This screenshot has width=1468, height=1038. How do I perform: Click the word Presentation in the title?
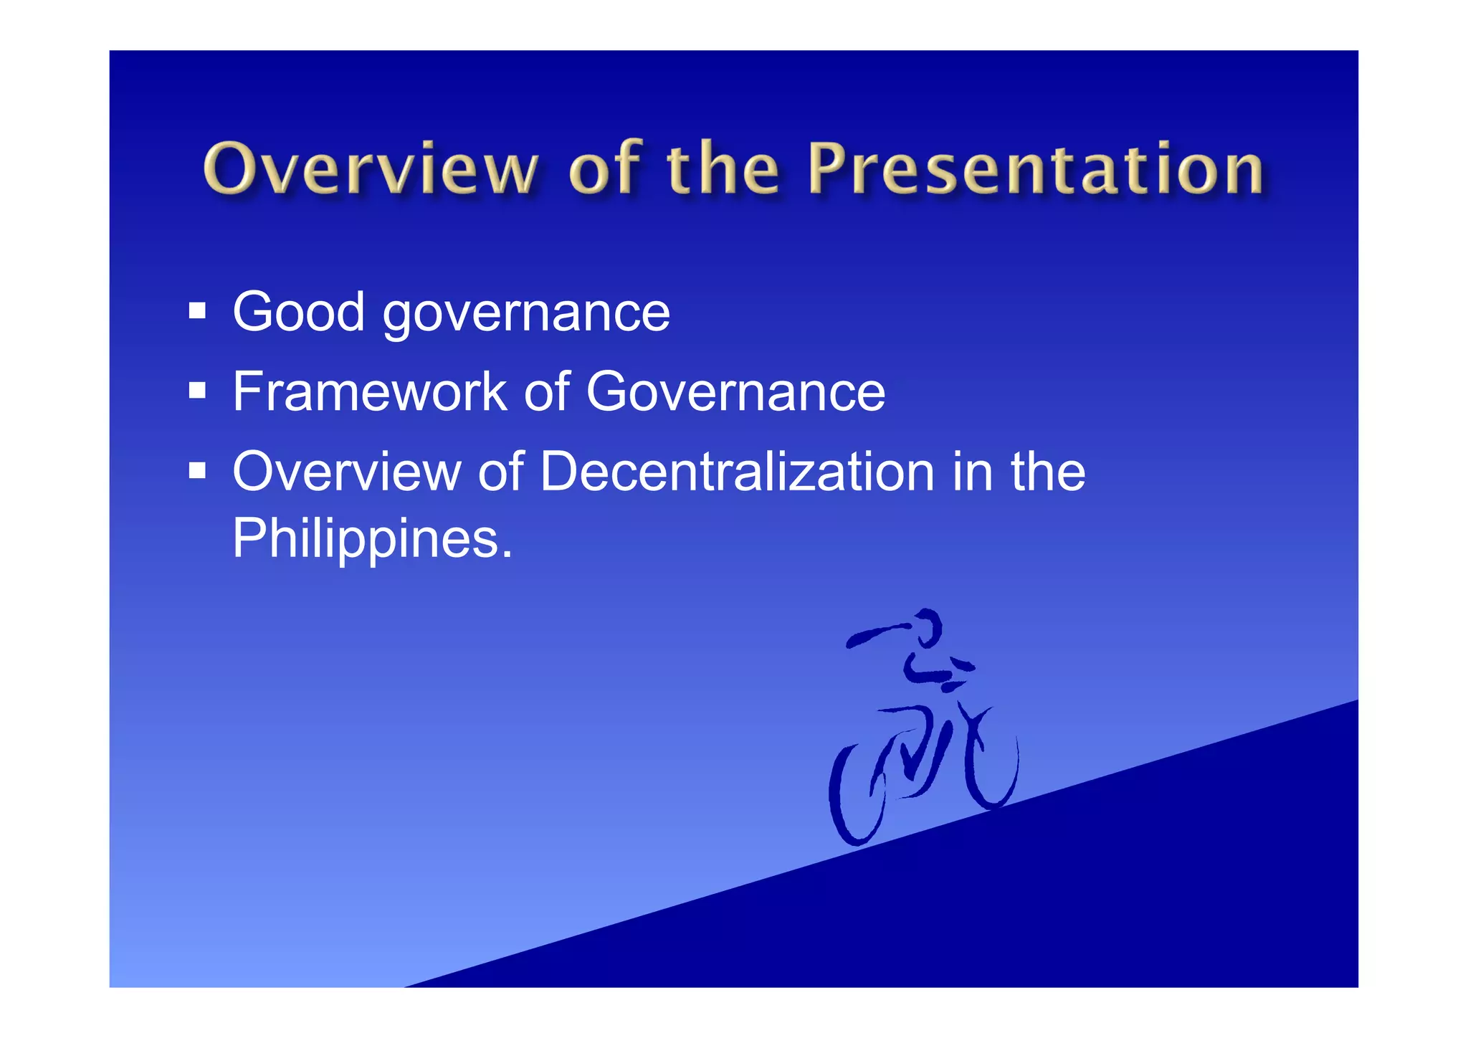[1035, 169]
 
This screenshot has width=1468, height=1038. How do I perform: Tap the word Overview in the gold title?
[370, 169]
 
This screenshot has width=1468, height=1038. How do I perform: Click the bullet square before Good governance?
[197, 311]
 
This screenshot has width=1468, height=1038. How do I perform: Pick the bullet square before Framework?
[197, 391]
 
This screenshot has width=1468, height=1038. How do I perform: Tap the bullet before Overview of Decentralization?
[197, 471]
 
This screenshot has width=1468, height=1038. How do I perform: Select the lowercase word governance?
[526, 315]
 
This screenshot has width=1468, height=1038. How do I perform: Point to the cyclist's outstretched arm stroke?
[879, 634]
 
